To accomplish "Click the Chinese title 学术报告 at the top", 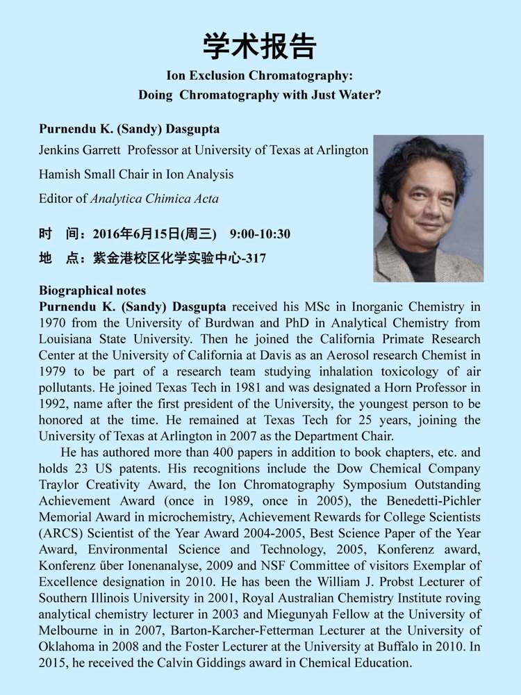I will pyautogui.click(x=260, y=46).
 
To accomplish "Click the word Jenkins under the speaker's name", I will pyautogui.click(x=61, y=150).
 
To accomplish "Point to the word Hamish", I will pyautogui.click(x=59, y=174).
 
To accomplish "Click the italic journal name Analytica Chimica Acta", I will pyautogui.click(x=155, y=199).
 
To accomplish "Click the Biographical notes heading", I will pyautogui.click(x=92, y=291).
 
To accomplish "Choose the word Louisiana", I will pyautogui.click(x=68, y=338).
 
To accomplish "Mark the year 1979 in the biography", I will pyautogui.click(x=55, y=371).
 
